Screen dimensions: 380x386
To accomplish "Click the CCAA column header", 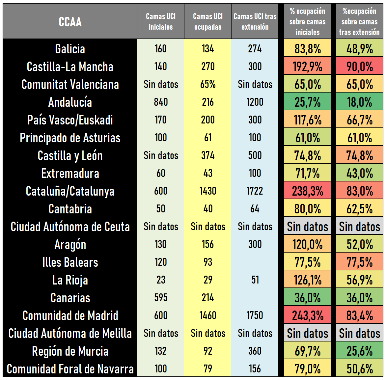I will click(70, 22).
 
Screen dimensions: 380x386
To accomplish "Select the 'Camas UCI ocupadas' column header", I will click(208, 22).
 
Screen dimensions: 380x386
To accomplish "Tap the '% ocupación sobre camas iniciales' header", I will click(307, 22).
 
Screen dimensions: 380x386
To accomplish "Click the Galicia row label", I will click(70, 49).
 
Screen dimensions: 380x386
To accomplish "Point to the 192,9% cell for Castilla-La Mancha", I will click(307, 67).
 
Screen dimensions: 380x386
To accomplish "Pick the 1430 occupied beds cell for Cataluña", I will click(208, 191).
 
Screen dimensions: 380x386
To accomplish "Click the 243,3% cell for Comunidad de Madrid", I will click(307, 315).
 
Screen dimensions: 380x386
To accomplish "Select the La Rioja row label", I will click(70, 280).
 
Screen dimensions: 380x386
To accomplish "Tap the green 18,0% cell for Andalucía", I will click(359, 102).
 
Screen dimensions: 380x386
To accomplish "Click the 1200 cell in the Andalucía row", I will click(255, 102).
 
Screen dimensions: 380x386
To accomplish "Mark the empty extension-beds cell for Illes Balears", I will click(255, 262).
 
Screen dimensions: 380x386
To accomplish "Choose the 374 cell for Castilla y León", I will click(208, 155).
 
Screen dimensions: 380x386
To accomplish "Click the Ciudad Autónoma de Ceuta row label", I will click(70, 227).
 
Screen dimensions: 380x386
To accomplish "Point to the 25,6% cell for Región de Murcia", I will click(359, 351).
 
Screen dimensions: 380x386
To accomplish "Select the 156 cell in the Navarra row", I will click(255, 369).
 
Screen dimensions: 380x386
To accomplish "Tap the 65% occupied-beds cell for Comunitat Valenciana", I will click(208, 84).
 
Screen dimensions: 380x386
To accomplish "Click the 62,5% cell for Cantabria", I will click(359, 209).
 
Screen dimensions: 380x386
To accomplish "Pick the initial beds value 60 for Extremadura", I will click(161, 173).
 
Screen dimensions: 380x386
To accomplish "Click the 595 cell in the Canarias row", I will click(161, 298).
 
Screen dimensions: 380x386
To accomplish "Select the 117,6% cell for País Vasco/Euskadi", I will click(307, 120).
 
